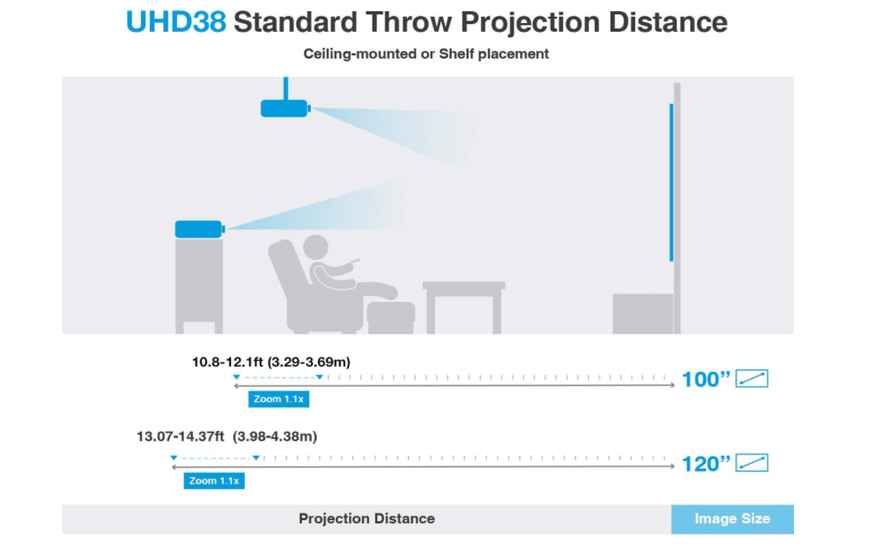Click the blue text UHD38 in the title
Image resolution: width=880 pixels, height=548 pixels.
pyautogui.click(x=175, y=22)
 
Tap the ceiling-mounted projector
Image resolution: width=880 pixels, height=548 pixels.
pyautogui.click(x=285, y=108)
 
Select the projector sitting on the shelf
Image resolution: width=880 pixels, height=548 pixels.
pyautogui.click(x=200, y=229)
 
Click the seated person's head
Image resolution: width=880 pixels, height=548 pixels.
pyautogui.click(x=316, y=248)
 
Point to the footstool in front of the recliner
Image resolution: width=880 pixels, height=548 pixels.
pyautogui.click(x=391, y=317)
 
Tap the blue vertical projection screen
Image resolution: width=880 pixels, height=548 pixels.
pyautogui.click(x=671, y=182)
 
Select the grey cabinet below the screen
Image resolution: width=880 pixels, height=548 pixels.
pyautogui.click(x=642, y=314)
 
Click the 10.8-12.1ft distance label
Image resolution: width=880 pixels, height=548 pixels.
pyautogui.click(x=271, y=362)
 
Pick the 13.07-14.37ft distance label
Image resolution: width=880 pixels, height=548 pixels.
pyautogui.click(x=226, y=436)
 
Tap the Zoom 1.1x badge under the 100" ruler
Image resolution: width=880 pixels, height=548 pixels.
pyautogui.click(x=278, y=399)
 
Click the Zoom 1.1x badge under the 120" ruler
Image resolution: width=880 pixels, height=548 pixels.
pyautogui.click(x=214, y=480)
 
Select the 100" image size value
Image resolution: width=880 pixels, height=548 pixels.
pyautogui.click(x=705, y=379)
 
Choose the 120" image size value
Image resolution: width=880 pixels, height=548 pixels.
pyautogui.click(x=705, y=464)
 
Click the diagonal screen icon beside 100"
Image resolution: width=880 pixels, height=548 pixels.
pyautogui.click(x=752, y=378)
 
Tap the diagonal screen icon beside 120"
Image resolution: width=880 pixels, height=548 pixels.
pyautogui.click(x=752, y=463)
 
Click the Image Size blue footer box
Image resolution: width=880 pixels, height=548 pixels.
pyautogui.click(x=733, y=519)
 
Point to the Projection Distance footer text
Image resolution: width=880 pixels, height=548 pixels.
pyautogui.click(x=367, y=519)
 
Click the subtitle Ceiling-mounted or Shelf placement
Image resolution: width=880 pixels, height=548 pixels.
pyautogui.click(x=426, y=54)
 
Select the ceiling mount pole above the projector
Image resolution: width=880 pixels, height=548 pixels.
pyautogui.click(x=285, y=88)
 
